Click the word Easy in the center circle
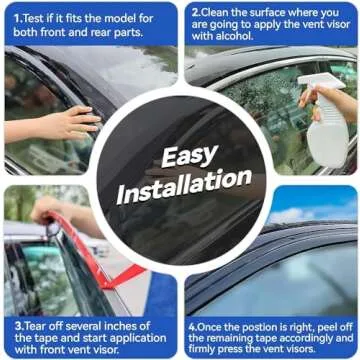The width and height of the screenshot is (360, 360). (189, 156)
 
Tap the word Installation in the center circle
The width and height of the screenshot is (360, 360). (184, 186)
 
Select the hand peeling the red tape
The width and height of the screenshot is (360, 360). (47, 208)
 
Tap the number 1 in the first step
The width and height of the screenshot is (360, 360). (16, 18)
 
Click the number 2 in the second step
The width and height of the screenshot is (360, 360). (195, 13)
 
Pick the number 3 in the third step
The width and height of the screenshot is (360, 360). (17, 326)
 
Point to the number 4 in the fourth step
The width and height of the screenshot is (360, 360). (191, 327)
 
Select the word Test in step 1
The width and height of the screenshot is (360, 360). (33, 18)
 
